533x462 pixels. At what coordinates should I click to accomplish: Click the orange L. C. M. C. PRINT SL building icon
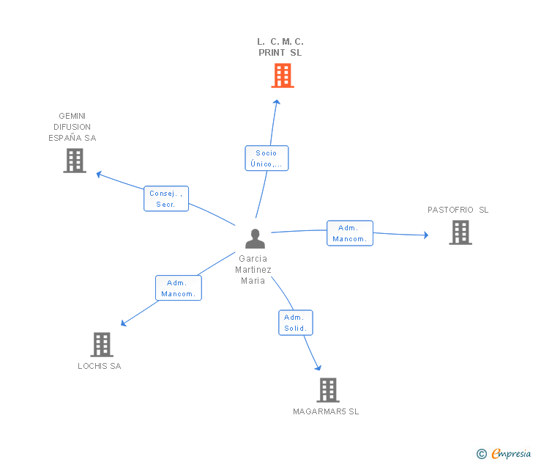click(283, 76)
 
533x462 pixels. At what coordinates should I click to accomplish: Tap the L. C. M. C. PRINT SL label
click(280, 48)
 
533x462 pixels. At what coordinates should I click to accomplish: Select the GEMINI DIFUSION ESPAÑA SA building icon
click(75, 161)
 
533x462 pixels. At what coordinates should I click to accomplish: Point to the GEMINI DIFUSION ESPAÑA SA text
click(72, 127)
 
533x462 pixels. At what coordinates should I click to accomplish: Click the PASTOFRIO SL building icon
click(460, 232)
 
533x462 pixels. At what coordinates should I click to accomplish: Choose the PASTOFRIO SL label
click(458, 210)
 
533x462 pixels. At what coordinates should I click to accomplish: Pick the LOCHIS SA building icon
click(102, 344)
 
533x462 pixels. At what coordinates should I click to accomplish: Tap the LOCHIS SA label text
click(100, 366)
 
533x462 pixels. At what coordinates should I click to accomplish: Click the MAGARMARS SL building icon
click(328, 389)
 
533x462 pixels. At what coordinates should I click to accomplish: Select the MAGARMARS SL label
click(326, 412)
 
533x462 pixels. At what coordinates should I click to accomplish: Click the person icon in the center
click(255, 239)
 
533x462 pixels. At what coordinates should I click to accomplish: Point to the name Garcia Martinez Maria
click(253, 269)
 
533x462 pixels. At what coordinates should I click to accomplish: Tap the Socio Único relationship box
click(266, 158)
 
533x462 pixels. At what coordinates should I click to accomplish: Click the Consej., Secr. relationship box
click(166, 199)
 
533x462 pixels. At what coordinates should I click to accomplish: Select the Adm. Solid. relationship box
click(296, 323)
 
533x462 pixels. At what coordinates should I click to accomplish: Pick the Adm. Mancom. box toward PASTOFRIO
click(350, 233)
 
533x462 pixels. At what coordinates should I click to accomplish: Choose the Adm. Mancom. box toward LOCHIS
click(179, 288)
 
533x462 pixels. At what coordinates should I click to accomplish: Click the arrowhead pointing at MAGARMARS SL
click(318, 367)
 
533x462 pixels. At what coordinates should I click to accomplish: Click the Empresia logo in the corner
click(504, 453)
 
